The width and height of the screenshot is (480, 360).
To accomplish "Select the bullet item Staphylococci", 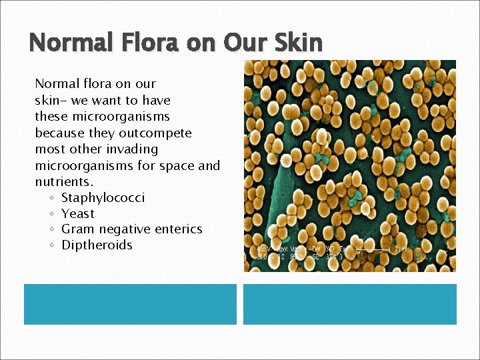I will click(103, 197).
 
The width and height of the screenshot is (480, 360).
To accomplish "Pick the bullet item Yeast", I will click(78, 213).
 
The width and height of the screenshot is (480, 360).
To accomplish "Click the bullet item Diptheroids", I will click(97, 245).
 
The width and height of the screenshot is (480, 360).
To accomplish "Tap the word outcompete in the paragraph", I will click(157, 133).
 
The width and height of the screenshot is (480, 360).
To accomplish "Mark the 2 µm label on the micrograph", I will click(399, 249).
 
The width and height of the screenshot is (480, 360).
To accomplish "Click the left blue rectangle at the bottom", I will click(130, 304).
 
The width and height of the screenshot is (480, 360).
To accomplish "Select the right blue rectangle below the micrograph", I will click(349, 304).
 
